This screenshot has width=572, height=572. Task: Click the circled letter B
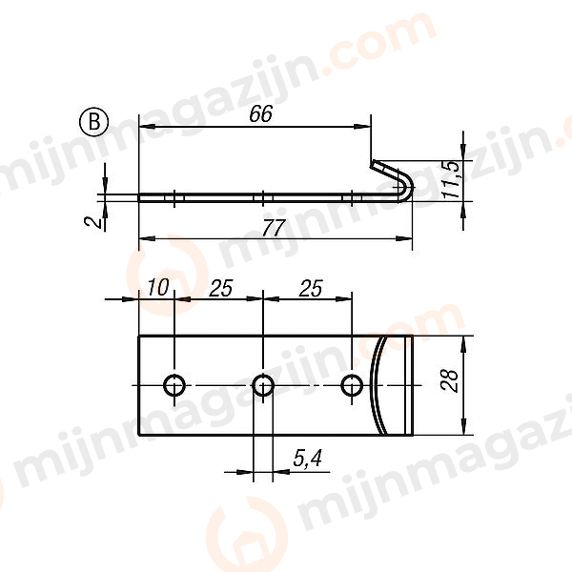92,121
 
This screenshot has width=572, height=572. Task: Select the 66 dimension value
259,113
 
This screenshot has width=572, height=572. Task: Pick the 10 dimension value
157,287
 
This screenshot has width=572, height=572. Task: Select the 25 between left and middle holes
220,287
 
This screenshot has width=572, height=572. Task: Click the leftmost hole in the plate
174,385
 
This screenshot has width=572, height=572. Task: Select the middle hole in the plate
263,385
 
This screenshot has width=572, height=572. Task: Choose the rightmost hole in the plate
353,385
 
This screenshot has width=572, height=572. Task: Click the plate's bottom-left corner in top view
139,436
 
